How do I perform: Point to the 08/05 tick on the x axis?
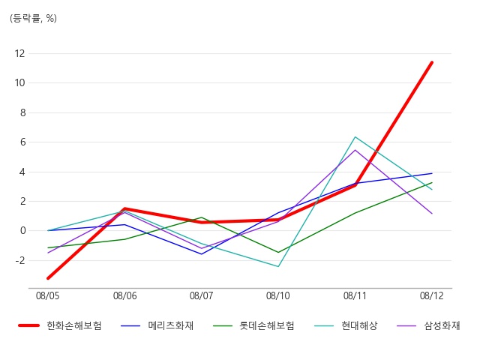point(48,296)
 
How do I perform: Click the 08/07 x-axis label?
point(201,296)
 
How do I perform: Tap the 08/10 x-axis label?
point(278,296)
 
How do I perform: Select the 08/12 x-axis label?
point(432,296)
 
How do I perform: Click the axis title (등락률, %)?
point(33,18)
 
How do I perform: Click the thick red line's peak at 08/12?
point(432,62)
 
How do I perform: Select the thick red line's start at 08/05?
point(48,278)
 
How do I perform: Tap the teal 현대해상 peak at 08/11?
point(355,137)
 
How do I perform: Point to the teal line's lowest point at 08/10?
point(278,266)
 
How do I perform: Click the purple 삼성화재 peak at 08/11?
point(355,150)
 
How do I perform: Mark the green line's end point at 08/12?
point(432,182)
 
